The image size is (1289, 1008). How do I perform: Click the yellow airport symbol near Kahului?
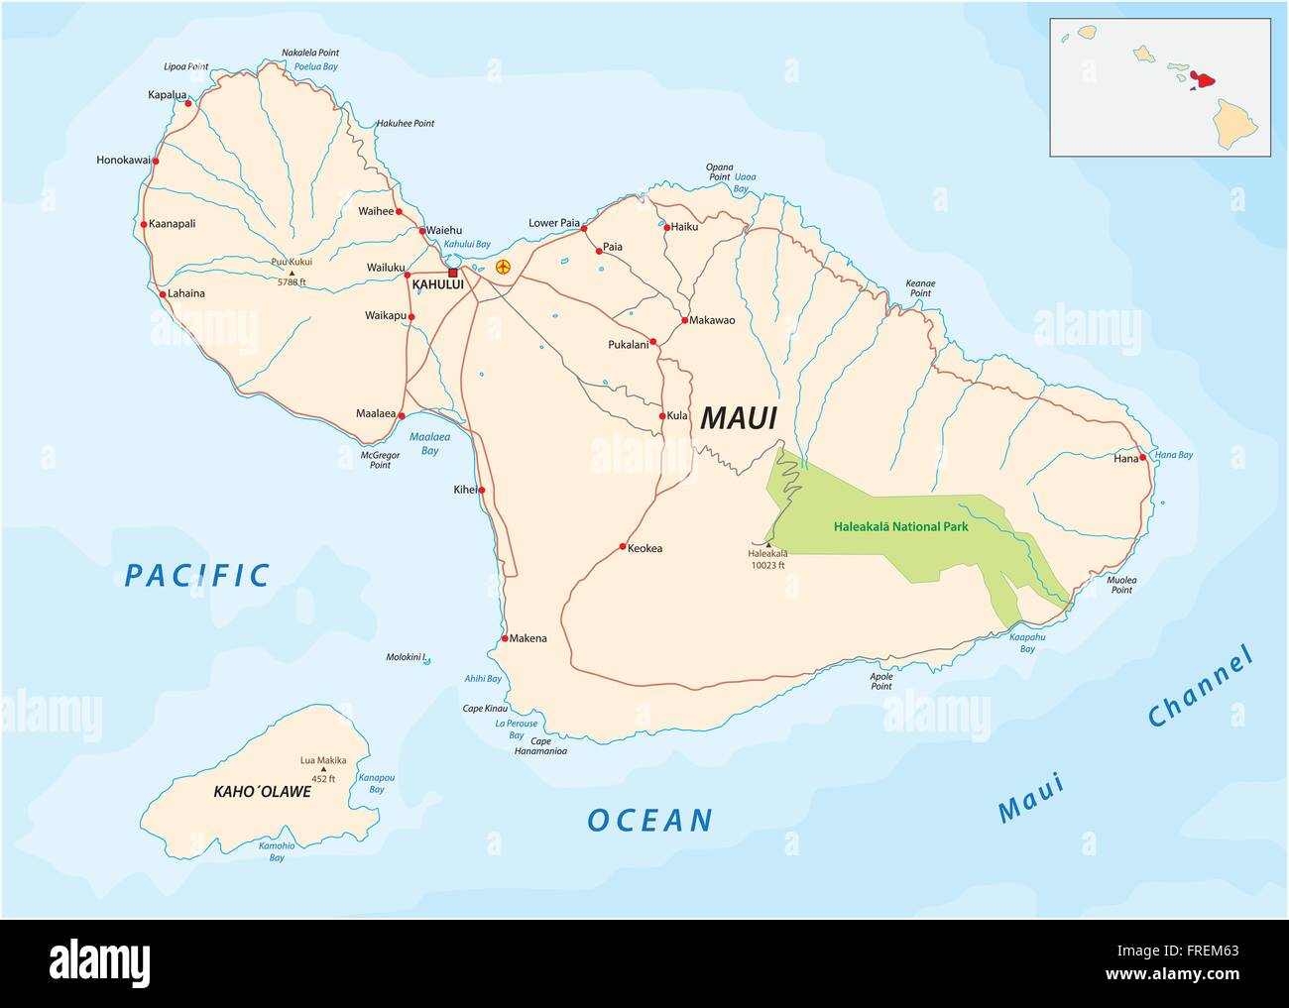point(503,267)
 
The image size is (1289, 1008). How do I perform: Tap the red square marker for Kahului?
point(453,273)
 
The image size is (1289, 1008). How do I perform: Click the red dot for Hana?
point(1143,458)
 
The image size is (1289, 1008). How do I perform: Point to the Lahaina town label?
point(186,293)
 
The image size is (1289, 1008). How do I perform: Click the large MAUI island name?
point(738,418)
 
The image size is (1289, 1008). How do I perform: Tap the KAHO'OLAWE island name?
point(262,792)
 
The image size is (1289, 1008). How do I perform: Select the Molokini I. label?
point(406,657)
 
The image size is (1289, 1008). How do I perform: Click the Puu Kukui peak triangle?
point(292,273)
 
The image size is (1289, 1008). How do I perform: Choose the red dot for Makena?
point(505,638)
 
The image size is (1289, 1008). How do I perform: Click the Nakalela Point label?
point(309,52)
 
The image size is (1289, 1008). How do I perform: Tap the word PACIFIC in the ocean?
point(198,575)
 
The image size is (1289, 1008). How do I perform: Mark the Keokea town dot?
point(622,547)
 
